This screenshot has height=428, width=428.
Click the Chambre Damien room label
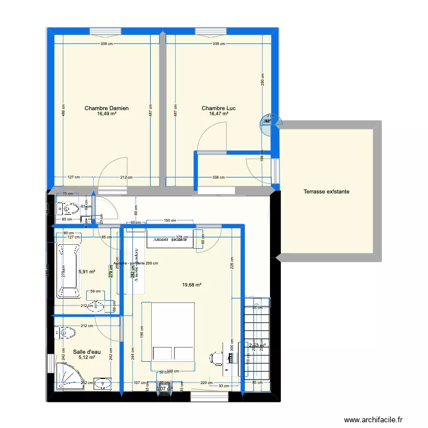pyautogui.click(x=106, y=108)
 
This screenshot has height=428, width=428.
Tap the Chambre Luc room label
pyautogui.click(x=219, y=108)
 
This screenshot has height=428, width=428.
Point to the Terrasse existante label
pyautogui.click(x=326, y=192)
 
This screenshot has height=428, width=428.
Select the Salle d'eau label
pyautogui.click(x=87, y=352)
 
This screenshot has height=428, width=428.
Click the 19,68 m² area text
pyautogui.click(x=192, y=285)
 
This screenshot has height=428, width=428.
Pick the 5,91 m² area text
pyautogui.click(x=86, y=272)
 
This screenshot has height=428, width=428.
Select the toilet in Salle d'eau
pyautogui.click(x=66, y=332)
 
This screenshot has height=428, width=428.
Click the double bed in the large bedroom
pyautogui.click(x=169, y=332)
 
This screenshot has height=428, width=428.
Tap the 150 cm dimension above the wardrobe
pyautogui.click(x=169, y=220)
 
